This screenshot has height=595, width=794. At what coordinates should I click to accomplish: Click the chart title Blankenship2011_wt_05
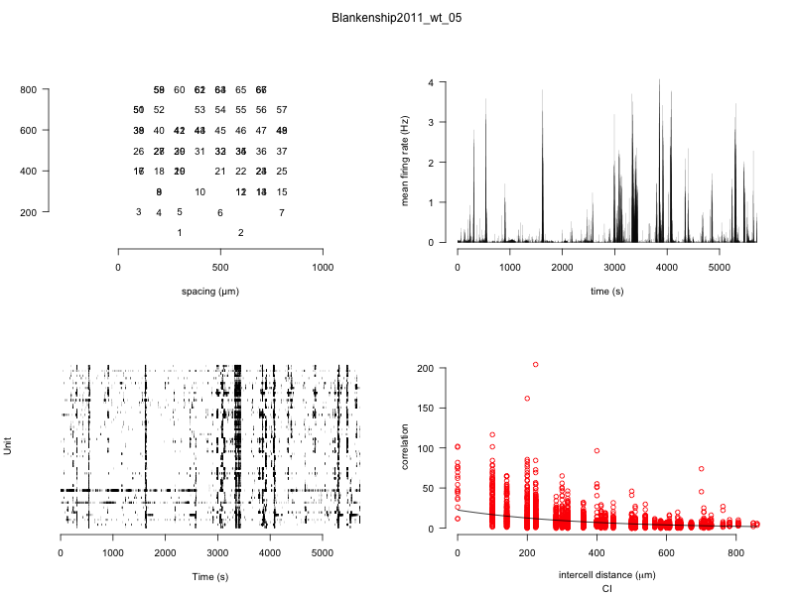397,18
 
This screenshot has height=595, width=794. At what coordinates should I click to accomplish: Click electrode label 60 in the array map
180,90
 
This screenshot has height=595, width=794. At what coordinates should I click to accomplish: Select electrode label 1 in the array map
180,233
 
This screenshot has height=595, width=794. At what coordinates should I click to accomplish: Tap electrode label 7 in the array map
282,212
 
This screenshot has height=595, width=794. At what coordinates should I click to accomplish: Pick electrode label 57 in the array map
282,110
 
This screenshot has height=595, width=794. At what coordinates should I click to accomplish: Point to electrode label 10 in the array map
199,192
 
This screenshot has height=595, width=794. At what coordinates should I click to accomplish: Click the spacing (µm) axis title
210,292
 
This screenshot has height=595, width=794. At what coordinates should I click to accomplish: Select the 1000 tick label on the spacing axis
323,269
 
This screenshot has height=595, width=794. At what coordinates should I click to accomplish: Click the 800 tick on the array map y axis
28,90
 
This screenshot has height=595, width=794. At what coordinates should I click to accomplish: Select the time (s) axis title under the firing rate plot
606,292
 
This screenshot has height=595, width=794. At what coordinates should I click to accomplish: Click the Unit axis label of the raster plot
9,447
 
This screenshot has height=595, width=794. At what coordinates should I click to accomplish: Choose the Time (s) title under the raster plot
209,577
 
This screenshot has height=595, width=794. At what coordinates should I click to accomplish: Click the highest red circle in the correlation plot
536,365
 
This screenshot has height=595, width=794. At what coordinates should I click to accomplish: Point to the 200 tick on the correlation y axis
425,368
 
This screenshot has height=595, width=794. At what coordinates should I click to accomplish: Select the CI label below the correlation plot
606,589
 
